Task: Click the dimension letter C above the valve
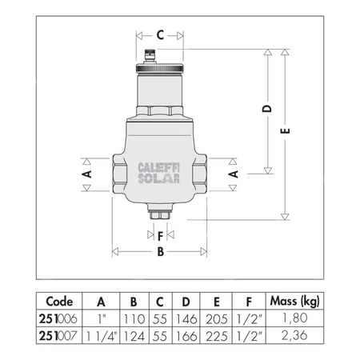[x=160, y=34]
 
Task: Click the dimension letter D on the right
[x=269, y=108]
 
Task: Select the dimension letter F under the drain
[x=160, y=235]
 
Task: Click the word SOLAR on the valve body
[x=161, y=179]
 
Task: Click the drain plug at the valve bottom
[x=160, y=215]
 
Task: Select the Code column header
[x=59, y=302]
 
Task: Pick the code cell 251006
[x=59, y=318]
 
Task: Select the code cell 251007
[x=59, y=332]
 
